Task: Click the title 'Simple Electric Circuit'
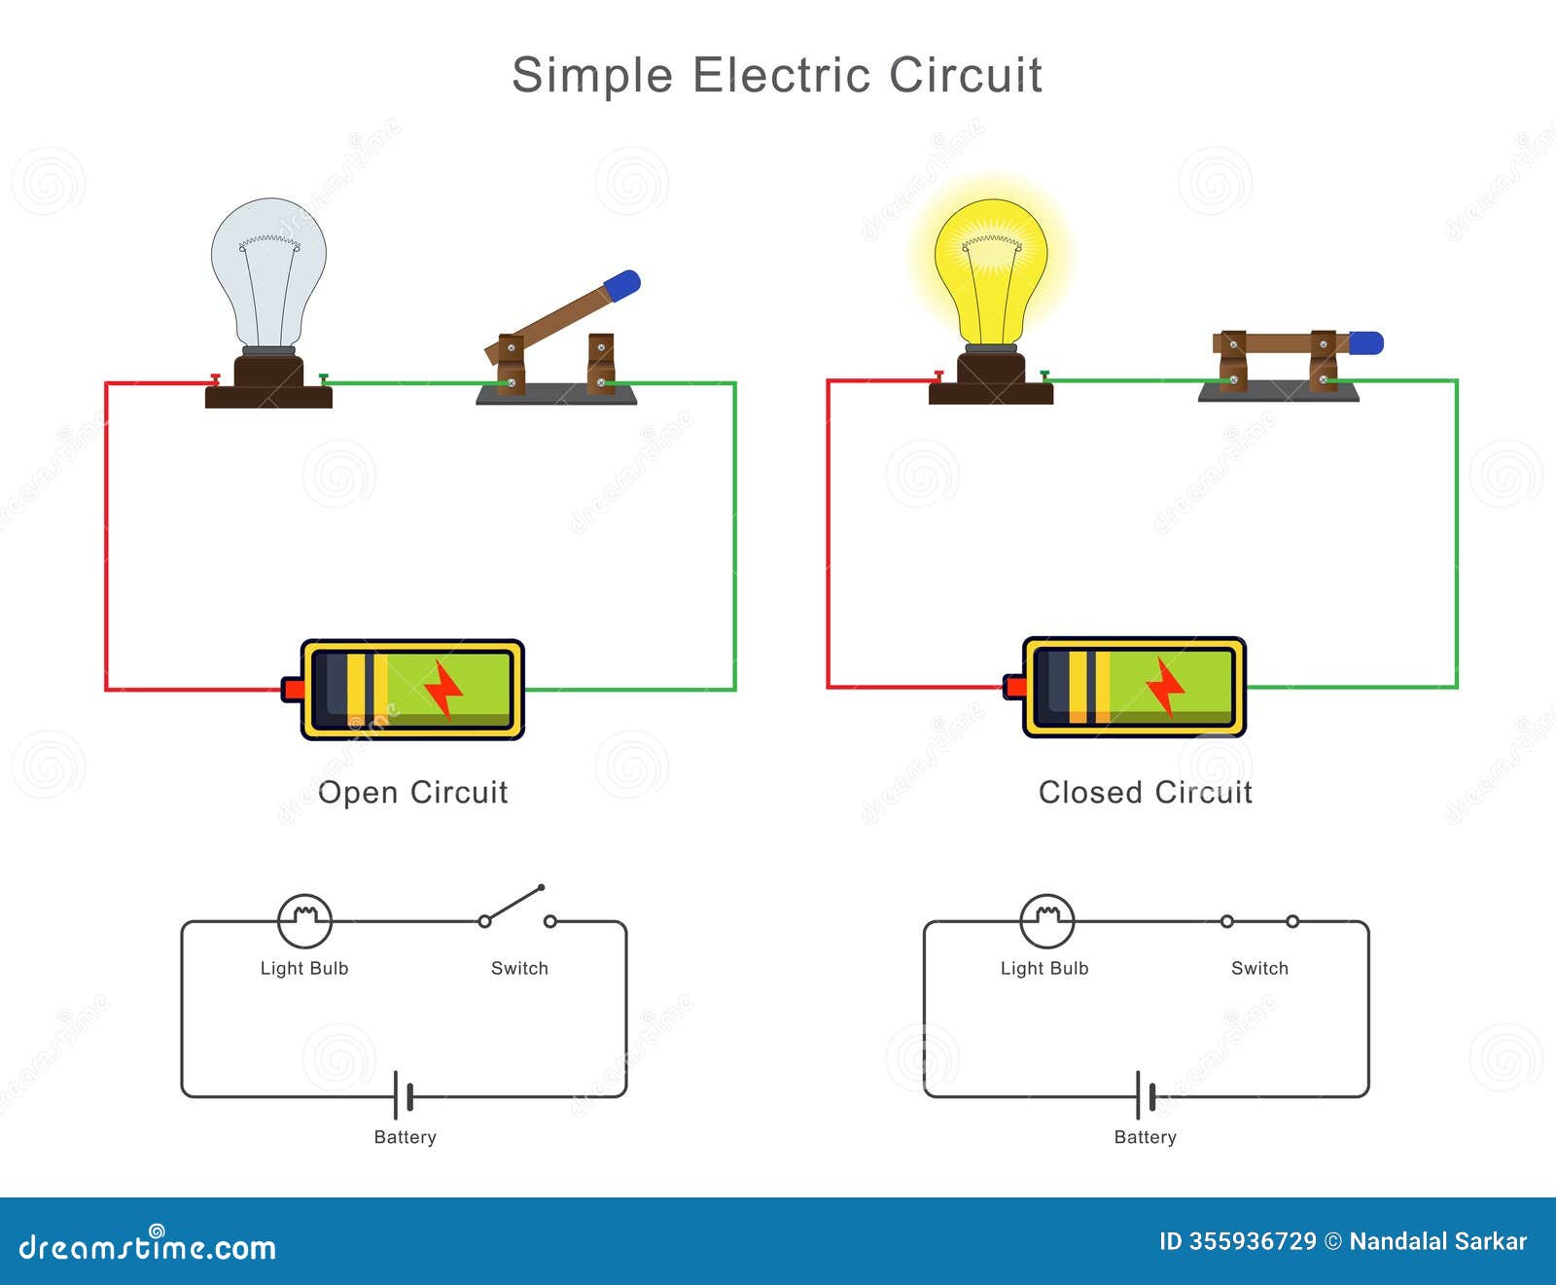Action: pyautogui.click(x=777, y=76)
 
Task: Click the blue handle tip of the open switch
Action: pyautogui.click(x=621, y=283)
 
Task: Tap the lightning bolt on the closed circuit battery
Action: pyautogui.click(x=1164, y=686)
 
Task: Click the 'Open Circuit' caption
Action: pyautogui.click(x=412, y=793)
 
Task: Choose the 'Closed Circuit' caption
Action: pyautogui.click(x=1145, y=793)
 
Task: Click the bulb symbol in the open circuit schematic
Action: pyautogui.click(x=304, y=920)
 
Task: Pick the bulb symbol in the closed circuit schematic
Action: pyautogui.click(x=1046, y=920)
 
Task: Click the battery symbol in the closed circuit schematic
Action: pyautogui.click(x=1145, y=1097)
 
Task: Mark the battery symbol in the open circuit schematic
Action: pyautogui.click(x=404, y=1097)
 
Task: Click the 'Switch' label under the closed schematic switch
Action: pyautogui.click(x=1259, y=968)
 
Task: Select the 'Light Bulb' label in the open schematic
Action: pyautogui.click(x=303, y=968)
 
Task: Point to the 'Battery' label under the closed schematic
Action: pyautogui.click(x=1145, y=1137)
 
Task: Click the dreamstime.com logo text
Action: pyautogui.click(x=148, y=1246)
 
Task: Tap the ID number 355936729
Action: pyautogui.click(x=1251, y=1241)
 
